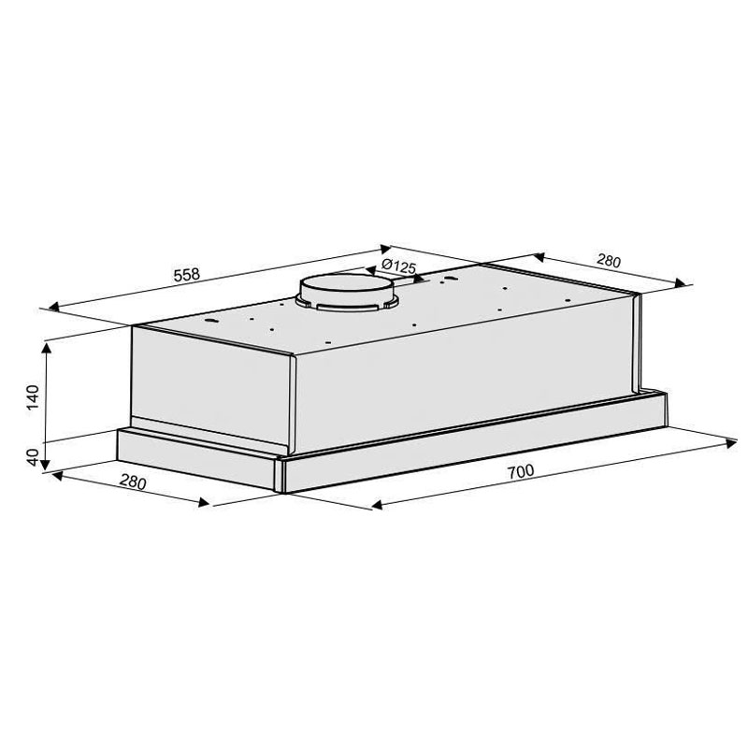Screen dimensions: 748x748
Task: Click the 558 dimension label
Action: pyautogui.click(x=187, y=275)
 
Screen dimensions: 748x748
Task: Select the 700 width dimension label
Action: pyautogui.click(x=522, y=472)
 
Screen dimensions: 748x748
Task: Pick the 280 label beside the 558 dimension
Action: pyautogui.click(x=608, y=262)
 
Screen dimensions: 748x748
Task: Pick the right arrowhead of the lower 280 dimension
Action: pyautogui.click(x=205, y=502)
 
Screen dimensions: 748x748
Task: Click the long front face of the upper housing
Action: pyautogui.click(x=467, y=383)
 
